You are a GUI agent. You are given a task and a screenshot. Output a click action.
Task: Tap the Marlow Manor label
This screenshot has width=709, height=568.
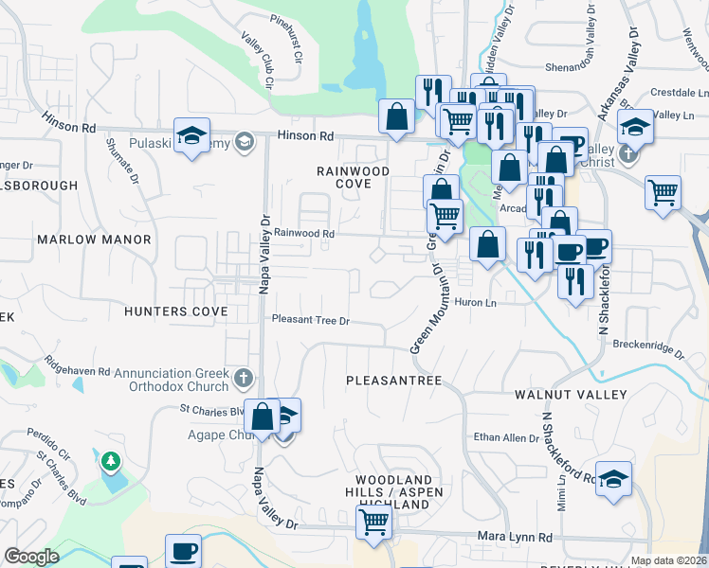point(94,240)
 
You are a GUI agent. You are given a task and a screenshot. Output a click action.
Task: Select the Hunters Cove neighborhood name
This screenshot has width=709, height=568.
point(175,311)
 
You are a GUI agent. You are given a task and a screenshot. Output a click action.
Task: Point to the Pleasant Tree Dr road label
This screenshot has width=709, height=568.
point(311,321)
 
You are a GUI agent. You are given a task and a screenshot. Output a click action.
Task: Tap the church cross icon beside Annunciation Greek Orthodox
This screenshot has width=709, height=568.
point(244,380)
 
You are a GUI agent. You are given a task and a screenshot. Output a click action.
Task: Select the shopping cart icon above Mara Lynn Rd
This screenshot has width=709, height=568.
point(373,521)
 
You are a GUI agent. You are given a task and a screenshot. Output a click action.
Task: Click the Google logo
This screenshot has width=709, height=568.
point(31,557)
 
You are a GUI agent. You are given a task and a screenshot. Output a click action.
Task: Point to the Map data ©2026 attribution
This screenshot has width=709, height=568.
point(667,560)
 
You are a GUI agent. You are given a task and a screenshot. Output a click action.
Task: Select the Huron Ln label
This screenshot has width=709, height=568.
point(476,303)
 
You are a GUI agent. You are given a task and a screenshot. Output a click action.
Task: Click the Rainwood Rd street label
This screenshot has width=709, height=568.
point(304,233)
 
